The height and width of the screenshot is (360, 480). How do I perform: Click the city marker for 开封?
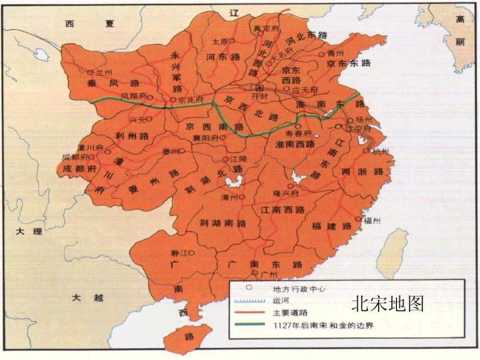click(260, 88)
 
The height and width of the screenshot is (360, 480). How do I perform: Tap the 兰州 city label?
click(104, 72)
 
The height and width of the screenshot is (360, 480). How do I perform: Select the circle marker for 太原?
click(232, 41)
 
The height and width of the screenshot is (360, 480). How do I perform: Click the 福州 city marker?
click(358, 219)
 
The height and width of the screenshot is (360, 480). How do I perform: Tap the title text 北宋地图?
click(388, 304)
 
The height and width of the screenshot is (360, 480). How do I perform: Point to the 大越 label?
click(87, 298)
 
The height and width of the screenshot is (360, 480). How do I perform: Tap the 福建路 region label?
click(332, 226)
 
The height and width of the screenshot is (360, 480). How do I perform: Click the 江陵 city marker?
click(225, 159)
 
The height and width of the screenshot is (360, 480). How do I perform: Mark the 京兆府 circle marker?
click(173, 100)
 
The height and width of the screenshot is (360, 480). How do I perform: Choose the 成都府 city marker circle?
click(92, 157)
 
